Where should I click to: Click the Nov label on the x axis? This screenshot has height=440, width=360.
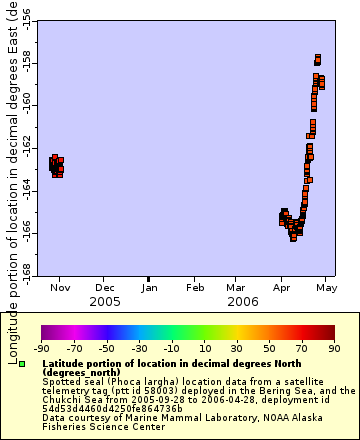(x=60, y=288)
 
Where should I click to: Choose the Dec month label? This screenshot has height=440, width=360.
(x=105, y=288)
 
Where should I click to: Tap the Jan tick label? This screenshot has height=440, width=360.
(x=149, y=288)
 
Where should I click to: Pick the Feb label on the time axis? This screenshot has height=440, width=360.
(x=194, y=288)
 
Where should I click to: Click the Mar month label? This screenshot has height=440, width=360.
(x=236, y=288)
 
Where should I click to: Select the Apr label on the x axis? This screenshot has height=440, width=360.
(x=281, y=288)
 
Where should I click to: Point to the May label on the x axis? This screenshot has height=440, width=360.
(x=325, y=288)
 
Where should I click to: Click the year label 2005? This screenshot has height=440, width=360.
(x=105, y=301)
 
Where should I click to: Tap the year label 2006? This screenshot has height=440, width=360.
(x=243, y=301)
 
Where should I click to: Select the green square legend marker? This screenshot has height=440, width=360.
(x=35, y=365)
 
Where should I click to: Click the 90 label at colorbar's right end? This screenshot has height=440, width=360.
(x=333, y=349)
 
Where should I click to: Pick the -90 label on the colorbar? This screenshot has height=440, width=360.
(x=41, y=349)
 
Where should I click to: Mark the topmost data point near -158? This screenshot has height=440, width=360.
(x=318, y=57)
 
